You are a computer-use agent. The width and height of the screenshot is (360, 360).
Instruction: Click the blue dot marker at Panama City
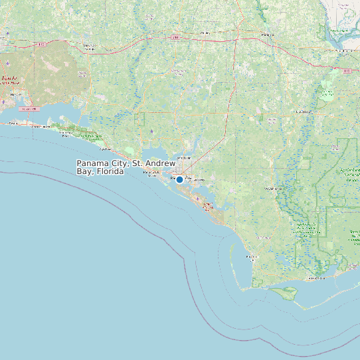179,179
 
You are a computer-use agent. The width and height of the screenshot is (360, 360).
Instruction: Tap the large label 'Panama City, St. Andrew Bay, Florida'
126,167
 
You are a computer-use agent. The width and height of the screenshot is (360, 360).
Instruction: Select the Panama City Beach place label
152,174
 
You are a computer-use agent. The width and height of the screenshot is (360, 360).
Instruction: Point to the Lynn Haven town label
183,157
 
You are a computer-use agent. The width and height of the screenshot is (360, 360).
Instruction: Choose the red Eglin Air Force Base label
9,81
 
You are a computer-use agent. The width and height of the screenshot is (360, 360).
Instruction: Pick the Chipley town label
205,33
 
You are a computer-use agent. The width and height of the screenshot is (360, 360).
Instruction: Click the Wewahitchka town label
270,189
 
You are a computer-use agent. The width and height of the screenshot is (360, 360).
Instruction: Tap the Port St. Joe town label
250,256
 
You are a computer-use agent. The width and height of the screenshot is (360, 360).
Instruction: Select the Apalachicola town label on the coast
314,278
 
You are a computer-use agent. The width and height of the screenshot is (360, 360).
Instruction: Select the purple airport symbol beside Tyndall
197,199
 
